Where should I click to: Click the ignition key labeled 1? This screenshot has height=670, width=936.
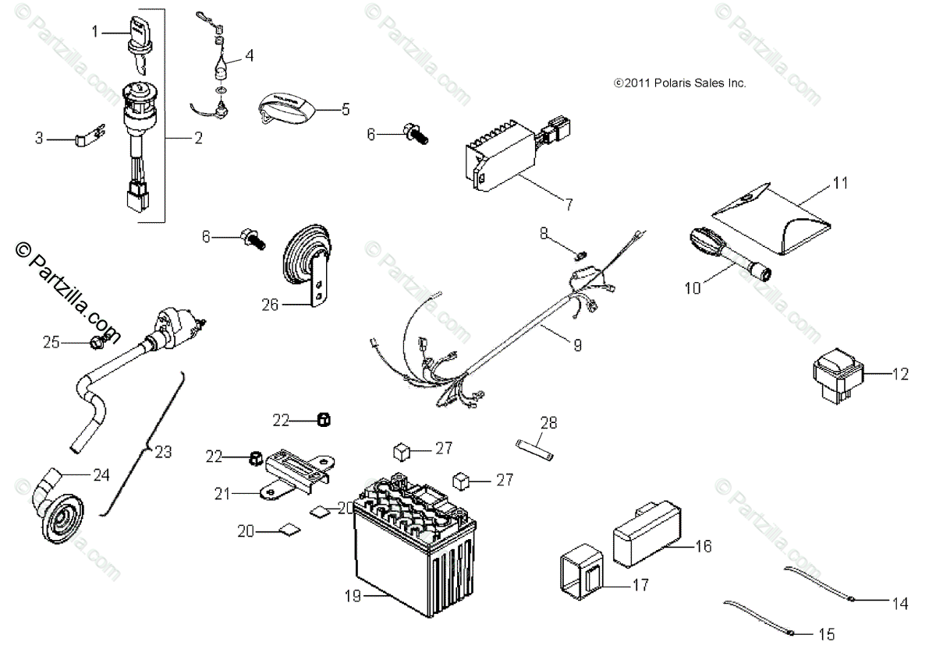[x=136, y=35]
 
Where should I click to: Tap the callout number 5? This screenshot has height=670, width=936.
[x=346, y=109]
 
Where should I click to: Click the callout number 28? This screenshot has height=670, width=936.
[x=549, y=423]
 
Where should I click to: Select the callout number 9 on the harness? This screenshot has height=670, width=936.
[x=577, y=345]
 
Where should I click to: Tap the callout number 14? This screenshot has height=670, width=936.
[x=900, y=602]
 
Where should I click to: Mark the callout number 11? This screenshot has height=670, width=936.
[x=839, y=183]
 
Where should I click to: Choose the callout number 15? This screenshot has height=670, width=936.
[x=826, y=635]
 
